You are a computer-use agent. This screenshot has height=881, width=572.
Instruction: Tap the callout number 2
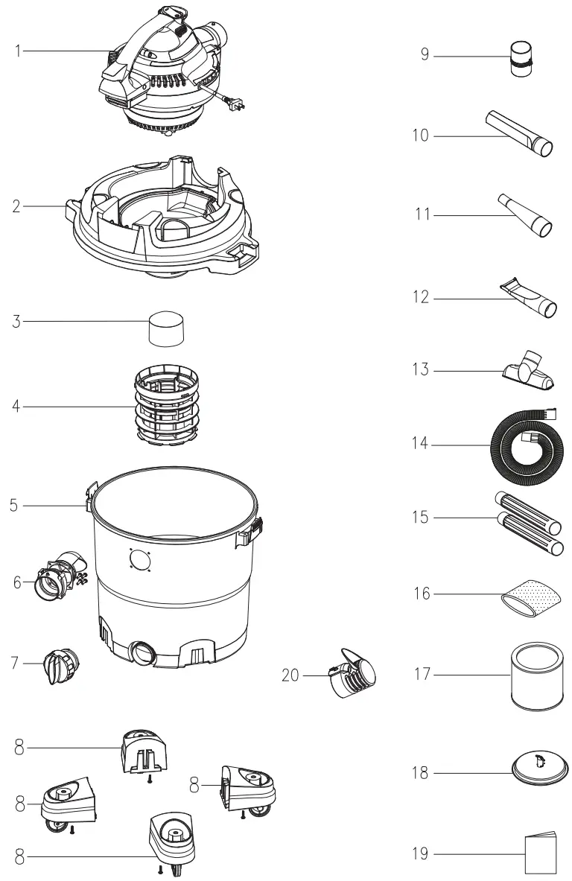(16, 206)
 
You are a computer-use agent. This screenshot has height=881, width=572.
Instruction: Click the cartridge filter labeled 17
(534, 676)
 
